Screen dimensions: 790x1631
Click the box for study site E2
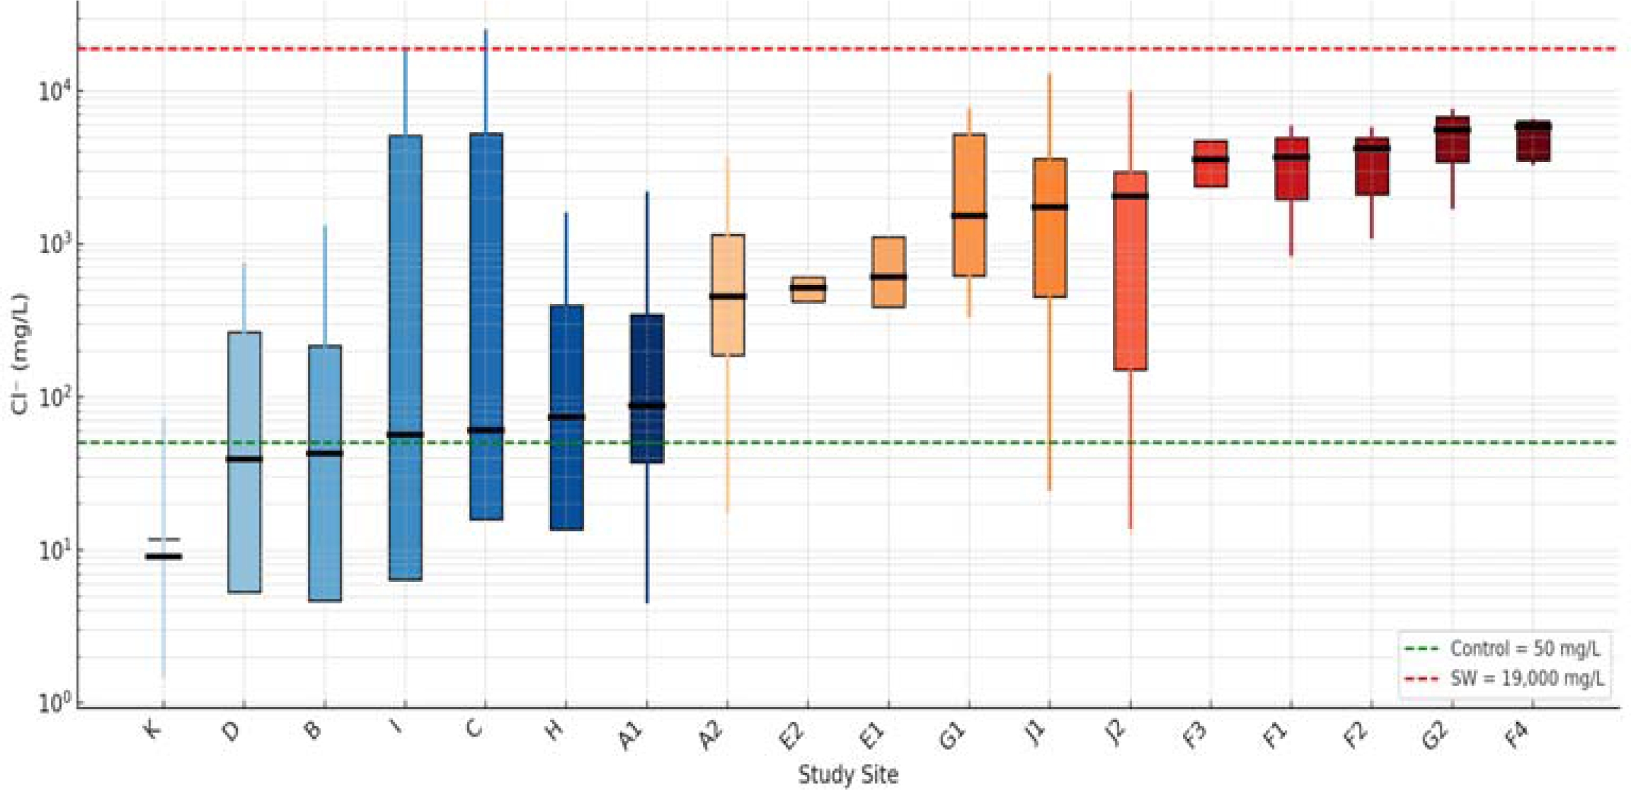(808, 289)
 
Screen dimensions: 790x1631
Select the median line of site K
(164, 557)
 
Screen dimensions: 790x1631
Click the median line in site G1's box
(969, 216)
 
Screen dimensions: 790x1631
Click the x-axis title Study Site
(848, 775)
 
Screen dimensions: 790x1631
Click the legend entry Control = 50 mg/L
(1523, 649)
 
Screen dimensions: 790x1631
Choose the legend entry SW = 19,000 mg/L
(1526, 678)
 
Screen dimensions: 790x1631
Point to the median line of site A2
(727, 296)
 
